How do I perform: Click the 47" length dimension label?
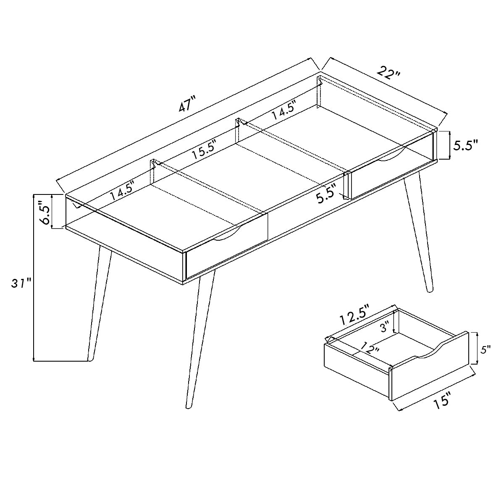(187, 105)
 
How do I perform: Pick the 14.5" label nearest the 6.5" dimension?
(122, 192)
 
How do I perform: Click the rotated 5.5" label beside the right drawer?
(326, 194)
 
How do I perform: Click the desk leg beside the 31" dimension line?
(100, 302)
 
